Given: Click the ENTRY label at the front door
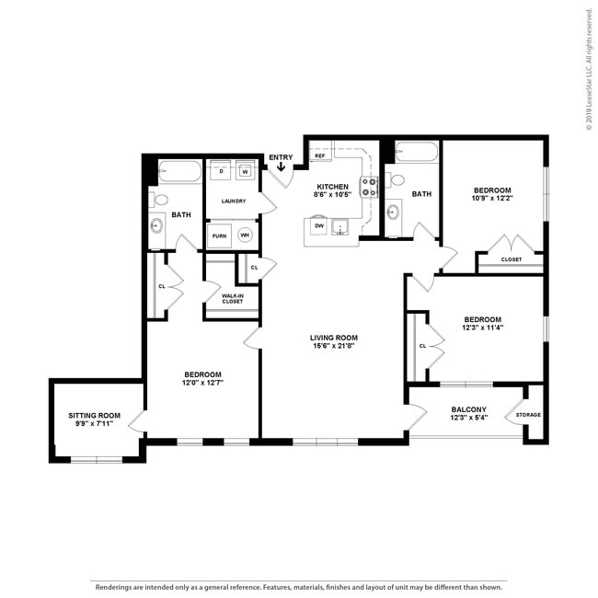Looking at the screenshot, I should [x=281, y=157].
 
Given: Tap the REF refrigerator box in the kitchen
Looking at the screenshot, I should [x=320, y=156].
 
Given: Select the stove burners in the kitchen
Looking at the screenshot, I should [x=369, y=187].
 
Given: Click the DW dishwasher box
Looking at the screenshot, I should [x=319, y=225].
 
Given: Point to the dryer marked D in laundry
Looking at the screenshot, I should [x=222, y=171].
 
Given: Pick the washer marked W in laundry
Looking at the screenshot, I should [x=246, y=171].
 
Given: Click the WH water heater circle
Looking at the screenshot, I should [x=245, y=236].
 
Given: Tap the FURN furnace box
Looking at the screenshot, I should [x=220, y=236].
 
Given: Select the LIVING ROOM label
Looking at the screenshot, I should [x=333, y=338].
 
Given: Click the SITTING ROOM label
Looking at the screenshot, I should [x=95, y=416].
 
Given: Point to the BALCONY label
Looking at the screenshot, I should [x=468, y=409].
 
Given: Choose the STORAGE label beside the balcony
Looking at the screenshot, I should [x=528, y=415].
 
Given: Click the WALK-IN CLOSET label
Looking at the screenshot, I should [x=233, y=298].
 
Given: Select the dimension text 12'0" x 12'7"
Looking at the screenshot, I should [x=202, y=384].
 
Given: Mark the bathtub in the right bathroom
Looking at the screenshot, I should [x=417, y=154].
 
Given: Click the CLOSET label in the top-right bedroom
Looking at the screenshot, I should [x=511, y=259].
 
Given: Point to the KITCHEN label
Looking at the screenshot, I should [x=332, y=187].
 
